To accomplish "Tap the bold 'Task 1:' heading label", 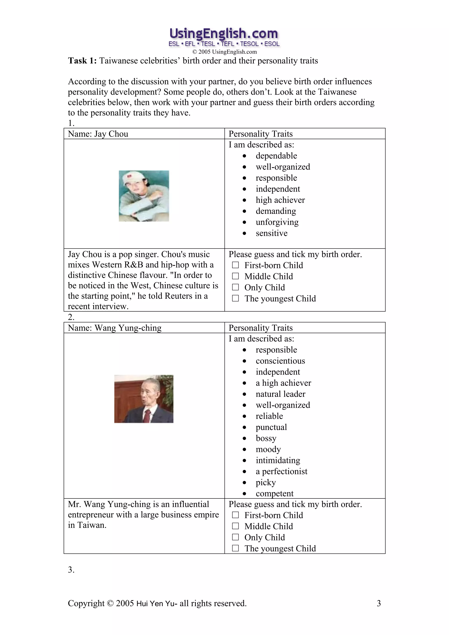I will tap(82, 60).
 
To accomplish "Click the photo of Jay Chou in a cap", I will tap(144, 196).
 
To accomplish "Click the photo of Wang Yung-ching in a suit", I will tap(144, 399).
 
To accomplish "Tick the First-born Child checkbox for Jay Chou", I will tap(235, 265).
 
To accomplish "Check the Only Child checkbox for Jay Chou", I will tap(235, 287).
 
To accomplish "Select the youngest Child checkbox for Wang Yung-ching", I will tap(235, 548).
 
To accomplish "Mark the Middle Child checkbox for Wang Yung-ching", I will tap(235, 526).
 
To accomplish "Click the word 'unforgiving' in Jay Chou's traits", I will tap(277, 222).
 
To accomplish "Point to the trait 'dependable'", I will tap(276, 156).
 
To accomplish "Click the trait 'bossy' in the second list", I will tap(266, 438).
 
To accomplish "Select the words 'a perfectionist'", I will tap(281, 471).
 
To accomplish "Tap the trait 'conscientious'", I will tap(280, 361).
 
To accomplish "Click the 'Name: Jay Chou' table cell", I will tap(98, 134).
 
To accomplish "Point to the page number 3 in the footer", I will tap(379, 603).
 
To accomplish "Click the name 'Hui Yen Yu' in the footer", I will tap(155, 603).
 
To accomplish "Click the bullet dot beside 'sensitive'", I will tap(244, 233).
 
